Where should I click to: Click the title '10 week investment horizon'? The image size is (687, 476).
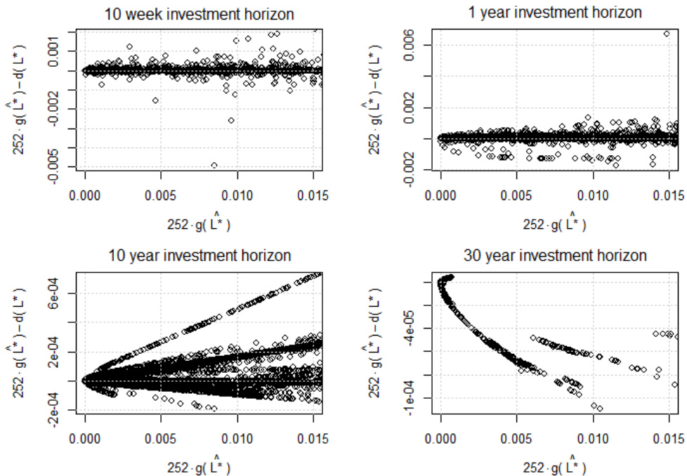pyautogui.click(x=199, y=14)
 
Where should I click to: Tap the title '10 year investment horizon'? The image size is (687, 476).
pyautogui.click(x=199, y=255)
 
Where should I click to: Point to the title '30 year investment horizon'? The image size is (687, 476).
pyautogui.click(x=555, y=255)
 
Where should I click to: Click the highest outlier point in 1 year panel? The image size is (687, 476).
pyautogui.click(x=667, y=33)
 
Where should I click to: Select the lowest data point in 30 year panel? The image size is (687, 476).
pyautogui.click(x=600, y=408)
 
